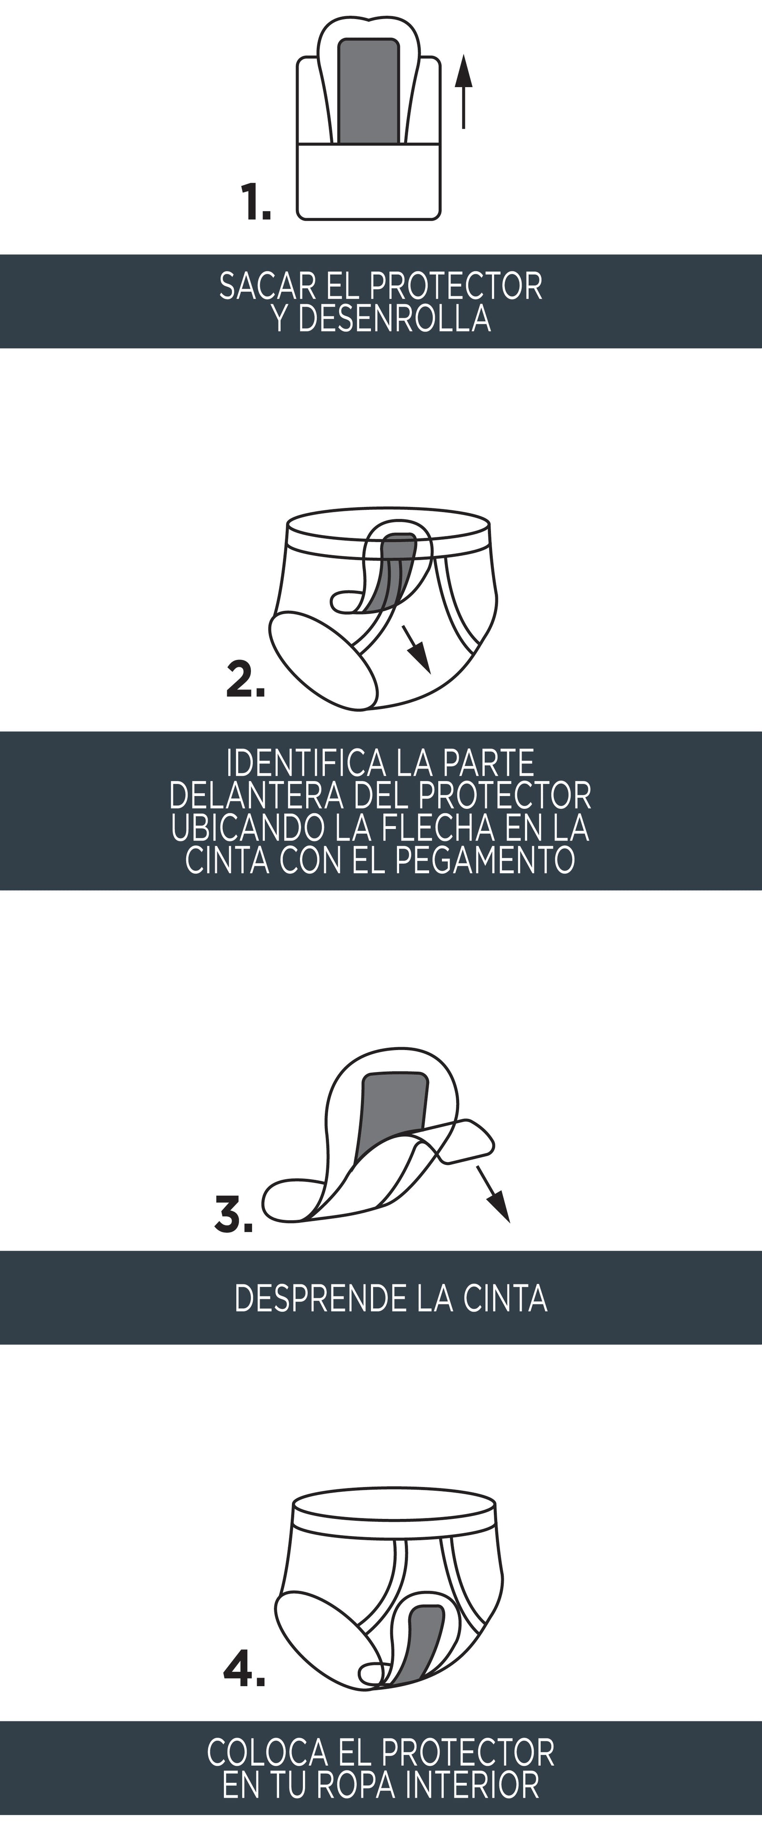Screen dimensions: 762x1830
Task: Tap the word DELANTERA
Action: [x=256, y=796]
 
